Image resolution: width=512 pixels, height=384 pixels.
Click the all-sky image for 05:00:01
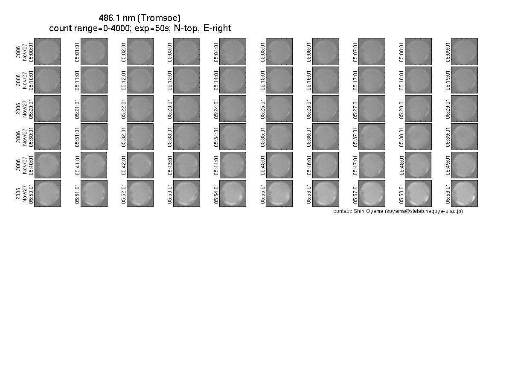click(x=48, y=52)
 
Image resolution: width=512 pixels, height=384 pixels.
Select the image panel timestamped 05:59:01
click(x=464, y=193)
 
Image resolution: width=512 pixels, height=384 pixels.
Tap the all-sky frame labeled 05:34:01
click(x=233, y=137)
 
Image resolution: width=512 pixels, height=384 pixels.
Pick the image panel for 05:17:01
click(x=372, y=80)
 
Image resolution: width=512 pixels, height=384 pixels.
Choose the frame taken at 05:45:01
click(x=279, y=165)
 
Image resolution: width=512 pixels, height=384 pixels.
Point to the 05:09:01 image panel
click(x=464, y=52)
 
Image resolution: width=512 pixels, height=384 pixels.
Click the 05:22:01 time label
click(x=123, y=109)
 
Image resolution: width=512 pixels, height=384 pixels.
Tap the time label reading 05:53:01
click(x=170, y=194)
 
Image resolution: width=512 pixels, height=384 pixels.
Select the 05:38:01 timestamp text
click(x=401, y=137)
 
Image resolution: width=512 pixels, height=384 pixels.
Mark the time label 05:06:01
click(x=309, y=52)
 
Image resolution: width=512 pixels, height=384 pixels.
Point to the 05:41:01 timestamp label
click(x=77, y=165)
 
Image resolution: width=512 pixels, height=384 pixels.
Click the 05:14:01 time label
click(x=216, y=81)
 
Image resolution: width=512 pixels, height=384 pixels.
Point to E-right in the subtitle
click(x=217, y=28)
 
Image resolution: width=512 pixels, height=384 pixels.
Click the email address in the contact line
click(x=424, y=211)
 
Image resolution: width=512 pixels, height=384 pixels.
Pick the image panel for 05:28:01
click(x=418, y=108)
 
